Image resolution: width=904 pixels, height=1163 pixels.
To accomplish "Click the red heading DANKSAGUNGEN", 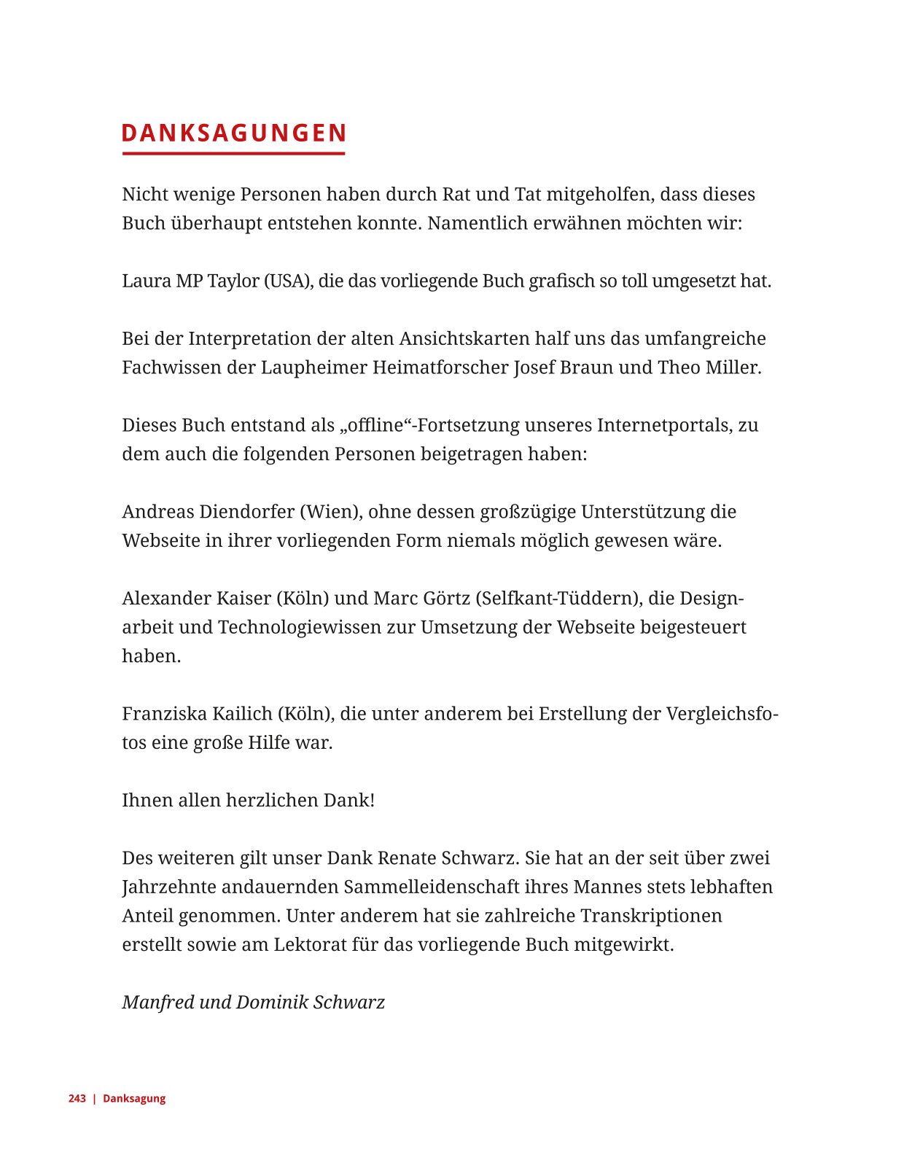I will (x=233, y=133).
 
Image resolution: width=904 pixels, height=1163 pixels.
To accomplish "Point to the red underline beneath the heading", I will (x=233, y=153).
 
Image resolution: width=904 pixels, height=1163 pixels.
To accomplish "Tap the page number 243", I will (x=77, y=1099).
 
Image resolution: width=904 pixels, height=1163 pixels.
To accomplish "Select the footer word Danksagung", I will (x=134, y=1099).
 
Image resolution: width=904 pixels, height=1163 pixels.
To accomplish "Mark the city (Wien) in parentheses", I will (x=331, y=512).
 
